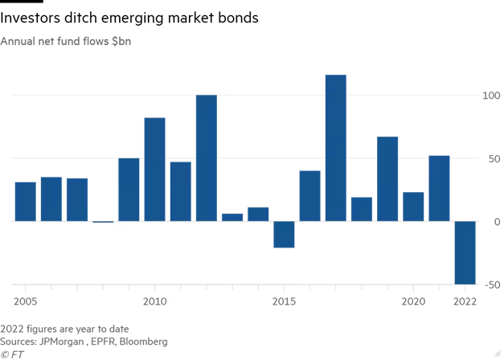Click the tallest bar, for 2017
335,148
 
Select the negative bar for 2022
465,252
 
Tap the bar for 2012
207,157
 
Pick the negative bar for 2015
284,234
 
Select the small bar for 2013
232,217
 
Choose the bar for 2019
387,178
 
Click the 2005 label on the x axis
25,301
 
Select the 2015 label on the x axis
284,301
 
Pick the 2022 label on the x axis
465,301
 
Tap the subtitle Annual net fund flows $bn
66,41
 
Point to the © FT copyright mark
12,354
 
